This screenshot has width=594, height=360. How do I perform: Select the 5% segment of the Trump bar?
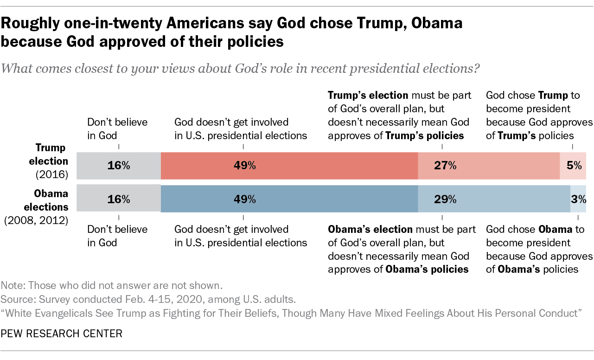pyautogui.click(x=573, y=166)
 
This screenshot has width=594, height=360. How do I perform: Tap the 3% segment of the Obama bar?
pyautogui.click(x=578, y=199)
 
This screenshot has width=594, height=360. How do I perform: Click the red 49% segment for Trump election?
pyautogui.click(x=289, y=166)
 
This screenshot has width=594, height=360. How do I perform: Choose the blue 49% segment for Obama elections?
pyautogui.click(x=289, y=199)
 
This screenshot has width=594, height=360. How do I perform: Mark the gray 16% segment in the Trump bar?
pyautogui.click(x=118, y=166)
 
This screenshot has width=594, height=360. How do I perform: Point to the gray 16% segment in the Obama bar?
pyautogui.click(x=118, y=199)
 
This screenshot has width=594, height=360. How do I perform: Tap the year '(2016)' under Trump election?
pyautogui.click(x=52, y=174)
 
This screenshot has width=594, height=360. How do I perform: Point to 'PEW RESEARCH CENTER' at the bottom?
pyautogui.click(x=62, y=333)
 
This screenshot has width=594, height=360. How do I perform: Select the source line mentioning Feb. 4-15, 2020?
pyautogui.click(x=148, y=298)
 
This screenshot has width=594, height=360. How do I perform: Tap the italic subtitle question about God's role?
pyautogui.click(x=240, y=69)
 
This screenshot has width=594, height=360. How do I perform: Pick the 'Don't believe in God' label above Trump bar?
pyautogui.click(x=117, y=129)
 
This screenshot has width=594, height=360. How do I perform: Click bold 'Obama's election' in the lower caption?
pyautogui.click(x=370, y=229)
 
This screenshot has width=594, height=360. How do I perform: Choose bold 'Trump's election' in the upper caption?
pyautogui.click(x=368, y=96)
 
